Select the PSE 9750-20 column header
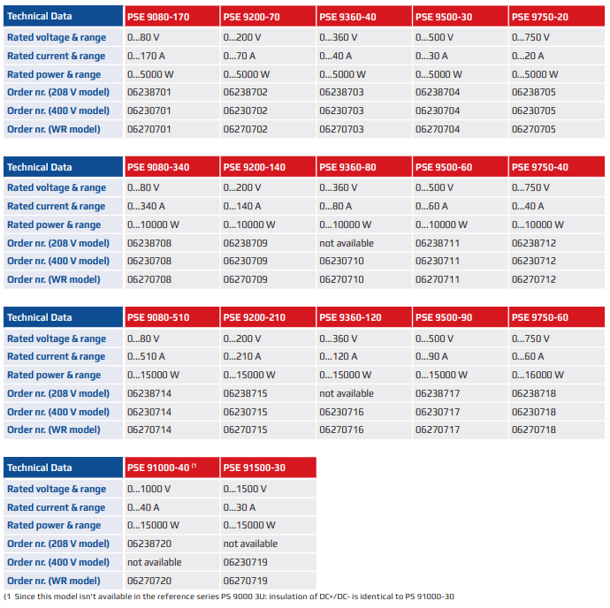tap(539, 16)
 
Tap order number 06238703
tap(341, 92)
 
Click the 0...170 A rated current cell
tap(148, 56)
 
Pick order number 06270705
tap(534, 129)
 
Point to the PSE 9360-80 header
tap(347, 167)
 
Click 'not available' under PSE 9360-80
tap(347, 243)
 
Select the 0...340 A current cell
tap(148, 206)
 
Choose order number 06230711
tap(438, 262)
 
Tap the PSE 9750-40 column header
tap(539, 167)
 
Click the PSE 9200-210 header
tap(254, 317)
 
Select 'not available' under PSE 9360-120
tap(347, 393)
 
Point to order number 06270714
tap(149, 429)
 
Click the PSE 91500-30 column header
tap(254, 467)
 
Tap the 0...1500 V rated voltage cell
tap(245, 489)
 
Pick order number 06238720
tap(149, 543)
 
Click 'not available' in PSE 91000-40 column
tap(155, 562)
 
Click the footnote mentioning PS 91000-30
tap(230, 597)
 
